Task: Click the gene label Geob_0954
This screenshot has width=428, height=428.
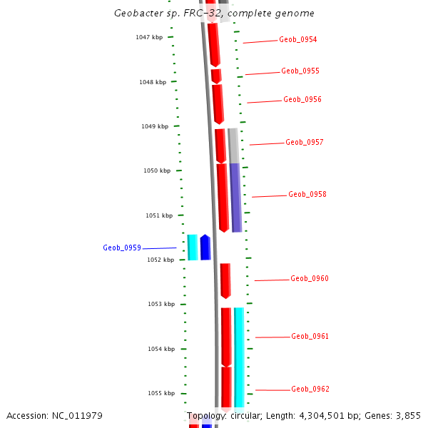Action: click(298, 40)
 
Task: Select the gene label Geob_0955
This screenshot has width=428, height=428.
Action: click(300, 71)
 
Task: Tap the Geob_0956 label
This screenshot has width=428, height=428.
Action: click(302, 100)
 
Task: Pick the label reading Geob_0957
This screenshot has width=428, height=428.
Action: click(305, 143)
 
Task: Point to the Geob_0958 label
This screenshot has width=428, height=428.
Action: click(307, 195)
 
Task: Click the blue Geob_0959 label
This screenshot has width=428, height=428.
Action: click(122, 248)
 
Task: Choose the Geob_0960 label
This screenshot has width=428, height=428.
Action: click(310, 279)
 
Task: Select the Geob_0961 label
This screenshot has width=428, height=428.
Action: click(310, 337)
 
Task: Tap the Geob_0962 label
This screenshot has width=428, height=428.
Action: click(310, 389)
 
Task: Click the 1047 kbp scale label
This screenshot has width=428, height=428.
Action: click(149, 37)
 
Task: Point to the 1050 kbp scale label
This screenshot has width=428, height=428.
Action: click(157, 171)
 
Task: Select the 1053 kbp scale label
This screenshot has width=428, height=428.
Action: click(161, 305)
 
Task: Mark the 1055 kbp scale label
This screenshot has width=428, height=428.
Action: click(161, 394)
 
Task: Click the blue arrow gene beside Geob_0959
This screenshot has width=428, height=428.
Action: click(205, 247)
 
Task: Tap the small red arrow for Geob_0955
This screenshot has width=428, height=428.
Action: click(216, 76)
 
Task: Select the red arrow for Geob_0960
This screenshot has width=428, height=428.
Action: click(225, 280)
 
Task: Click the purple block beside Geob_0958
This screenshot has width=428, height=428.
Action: click(235, 197)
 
